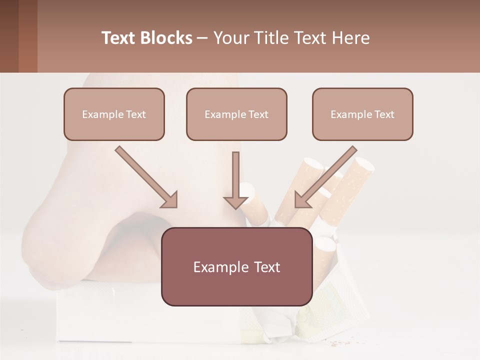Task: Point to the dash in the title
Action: click(202, 38)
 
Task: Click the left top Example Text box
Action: click(114, 114)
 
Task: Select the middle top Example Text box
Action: click(236, 114)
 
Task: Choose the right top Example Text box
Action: click(362, 114)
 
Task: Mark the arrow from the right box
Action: click(327, 175)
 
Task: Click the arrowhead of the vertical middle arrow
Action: click(235, 201)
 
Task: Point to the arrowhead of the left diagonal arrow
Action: click(170, 200)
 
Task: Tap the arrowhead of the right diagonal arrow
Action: click(301, 200)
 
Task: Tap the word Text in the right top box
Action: click(384, 114)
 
